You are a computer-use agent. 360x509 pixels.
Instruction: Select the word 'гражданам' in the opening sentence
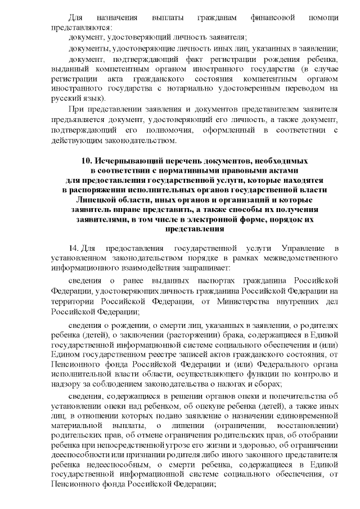pyautogui.click(x=209, y=17)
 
